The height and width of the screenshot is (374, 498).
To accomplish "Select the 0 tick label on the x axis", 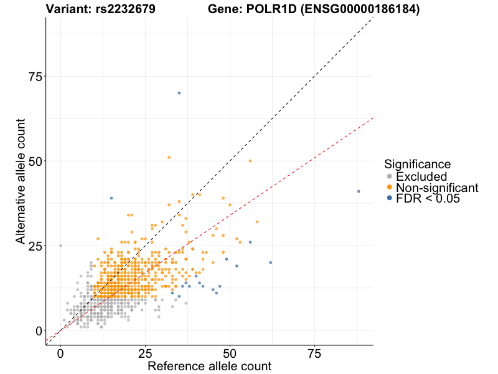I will point(60,353).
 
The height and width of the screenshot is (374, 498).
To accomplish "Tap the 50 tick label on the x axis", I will point(230,353).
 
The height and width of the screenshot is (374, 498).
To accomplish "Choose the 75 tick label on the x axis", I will point(314,353).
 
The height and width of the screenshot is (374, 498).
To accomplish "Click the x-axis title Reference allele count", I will point(209,366).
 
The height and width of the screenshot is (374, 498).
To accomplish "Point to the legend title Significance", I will point(417,165).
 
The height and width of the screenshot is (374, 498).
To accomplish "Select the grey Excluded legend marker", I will point(390,176).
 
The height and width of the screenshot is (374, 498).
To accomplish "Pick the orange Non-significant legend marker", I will point(390,188).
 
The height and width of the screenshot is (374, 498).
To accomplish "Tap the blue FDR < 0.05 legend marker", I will point(390,198).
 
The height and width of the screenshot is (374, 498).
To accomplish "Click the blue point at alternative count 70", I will point(179,93).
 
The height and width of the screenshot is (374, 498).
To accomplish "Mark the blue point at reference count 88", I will point(359,191).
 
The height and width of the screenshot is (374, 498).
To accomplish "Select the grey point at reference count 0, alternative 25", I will point(60,246).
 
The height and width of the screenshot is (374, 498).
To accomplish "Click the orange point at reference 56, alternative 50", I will point(250,161).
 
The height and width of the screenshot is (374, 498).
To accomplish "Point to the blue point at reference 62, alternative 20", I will point(271,262).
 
